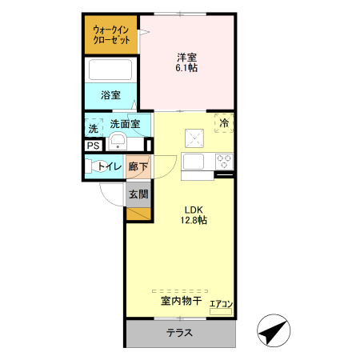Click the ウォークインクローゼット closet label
point(111,34)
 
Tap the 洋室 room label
point(187,57)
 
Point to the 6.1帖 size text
point(187,68)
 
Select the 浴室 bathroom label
point(111,95)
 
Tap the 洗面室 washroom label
point(125,124)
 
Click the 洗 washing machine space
point(94,128)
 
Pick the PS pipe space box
point(94,146)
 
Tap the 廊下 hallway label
point(138,166)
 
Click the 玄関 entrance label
point(138,194)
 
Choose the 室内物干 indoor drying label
point(179,302)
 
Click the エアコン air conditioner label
point(221,304)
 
